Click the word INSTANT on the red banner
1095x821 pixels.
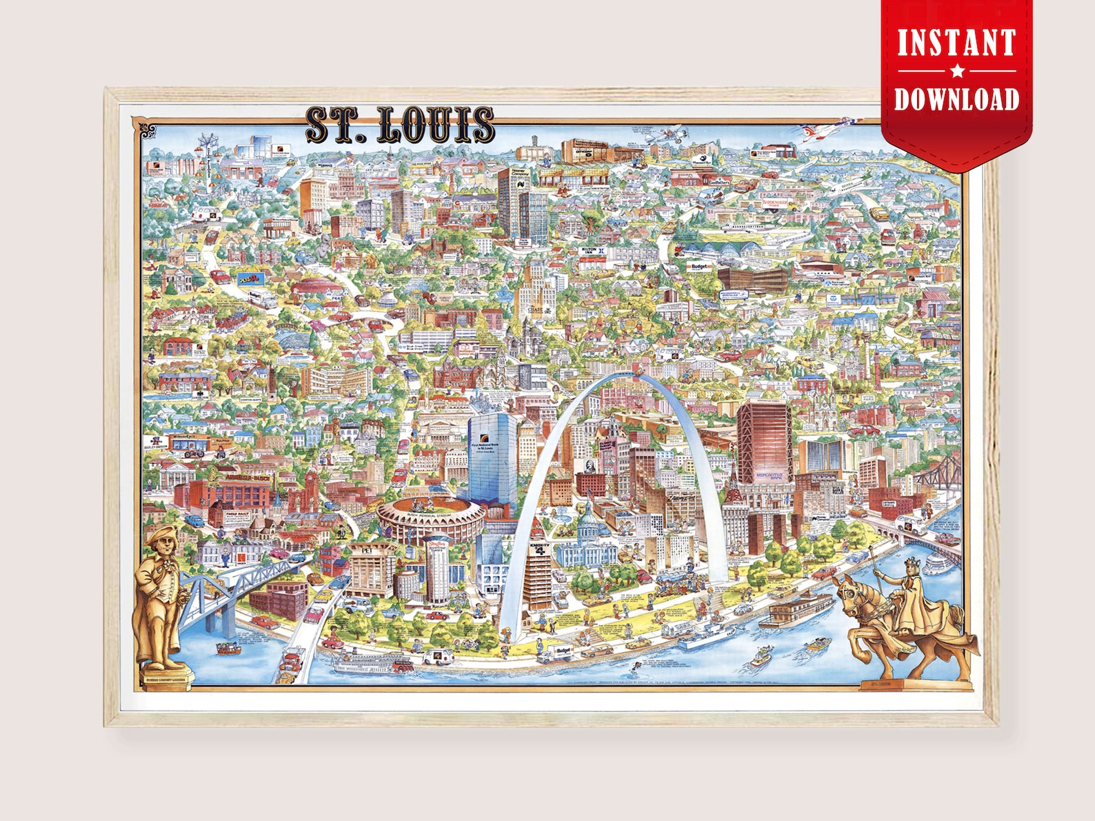pos(956,42)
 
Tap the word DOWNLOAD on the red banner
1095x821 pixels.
pos(956,99)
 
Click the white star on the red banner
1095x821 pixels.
pos(956,71)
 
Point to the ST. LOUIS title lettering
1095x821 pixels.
pos(399,125)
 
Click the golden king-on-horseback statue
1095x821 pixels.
pos(903,614)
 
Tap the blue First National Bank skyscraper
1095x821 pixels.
pos(492,455)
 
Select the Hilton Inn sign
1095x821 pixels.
pos(590,250)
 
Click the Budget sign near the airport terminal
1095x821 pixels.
pos(698,265)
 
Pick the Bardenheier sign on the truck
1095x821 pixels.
pos(774,203)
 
